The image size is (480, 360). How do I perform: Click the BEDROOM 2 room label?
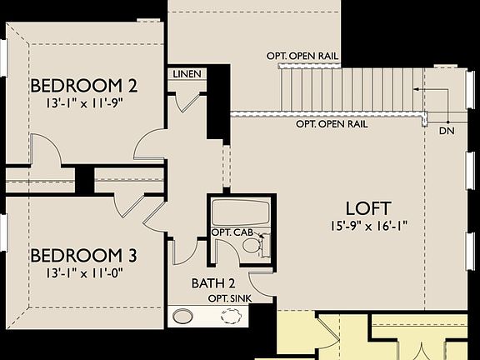(x=84, y=86)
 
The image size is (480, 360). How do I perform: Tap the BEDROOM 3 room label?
(x=84, y=255)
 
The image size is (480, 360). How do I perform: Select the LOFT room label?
(x=368, y=208)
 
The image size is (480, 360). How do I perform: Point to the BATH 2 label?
(x=213, y=283)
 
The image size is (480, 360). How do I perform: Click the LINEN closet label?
(x=187, y=74)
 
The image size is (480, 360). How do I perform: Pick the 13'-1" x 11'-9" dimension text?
(x=84, y=103)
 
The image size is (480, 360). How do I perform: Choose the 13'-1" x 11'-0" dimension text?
(x=84, y=273)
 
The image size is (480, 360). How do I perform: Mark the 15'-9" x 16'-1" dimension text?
(x=369, y=227)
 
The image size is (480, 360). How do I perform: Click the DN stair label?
(x=447, y=131)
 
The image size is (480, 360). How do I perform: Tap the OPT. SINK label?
(x=230, y=298)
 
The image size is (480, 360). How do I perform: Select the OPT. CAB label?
(x=232, y=232)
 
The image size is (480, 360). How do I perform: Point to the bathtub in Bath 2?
(x=241, y=212)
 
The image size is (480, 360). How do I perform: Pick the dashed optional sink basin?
(x=231, y=316)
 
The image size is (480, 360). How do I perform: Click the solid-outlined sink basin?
(x=182, y=316)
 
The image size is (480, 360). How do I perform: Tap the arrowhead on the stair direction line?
(x=416, y=89)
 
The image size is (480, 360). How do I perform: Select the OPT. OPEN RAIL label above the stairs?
(x=302, y=57)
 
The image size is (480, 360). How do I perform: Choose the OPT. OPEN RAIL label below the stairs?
(x=332, y=124)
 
